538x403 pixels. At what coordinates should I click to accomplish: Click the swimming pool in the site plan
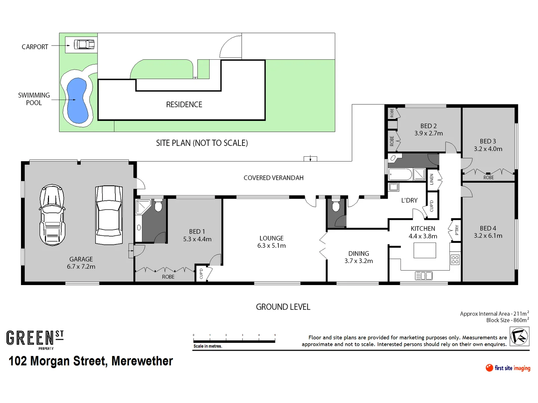click(78, 100)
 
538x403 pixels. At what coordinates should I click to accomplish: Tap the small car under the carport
click(84, 45)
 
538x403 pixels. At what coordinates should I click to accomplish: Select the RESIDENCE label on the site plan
click(184, 105)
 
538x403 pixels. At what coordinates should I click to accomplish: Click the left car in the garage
click(52, 215)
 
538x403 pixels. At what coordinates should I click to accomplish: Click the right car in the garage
click(109, 215)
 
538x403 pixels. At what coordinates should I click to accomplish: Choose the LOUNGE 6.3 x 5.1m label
click(271, 242)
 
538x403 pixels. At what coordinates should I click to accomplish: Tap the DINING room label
click(358, 257)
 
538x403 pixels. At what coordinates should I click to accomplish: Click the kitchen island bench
click(425, 250)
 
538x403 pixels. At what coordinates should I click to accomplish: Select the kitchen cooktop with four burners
click(455, 259)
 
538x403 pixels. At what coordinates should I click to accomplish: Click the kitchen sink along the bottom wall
click(424, 276)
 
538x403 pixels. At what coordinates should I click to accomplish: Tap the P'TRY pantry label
click(457, 230)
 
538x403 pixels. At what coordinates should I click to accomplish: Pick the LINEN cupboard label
click(432, 179)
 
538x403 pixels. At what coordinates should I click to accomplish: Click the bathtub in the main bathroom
click(400, 174)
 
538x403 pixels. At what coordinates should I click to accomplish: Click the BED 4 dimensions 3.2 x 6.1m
click(488, 236)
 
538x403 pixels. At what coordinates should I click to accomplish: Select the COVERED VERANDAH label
click(273, 178)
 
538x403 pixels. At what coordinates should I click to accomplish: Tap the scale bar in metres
click(234, 340)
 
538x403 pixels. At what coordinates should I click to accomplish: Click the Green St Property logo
click(35, 339)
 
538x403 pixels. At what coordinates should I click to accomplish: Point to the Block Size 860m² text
click(507, 320)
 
